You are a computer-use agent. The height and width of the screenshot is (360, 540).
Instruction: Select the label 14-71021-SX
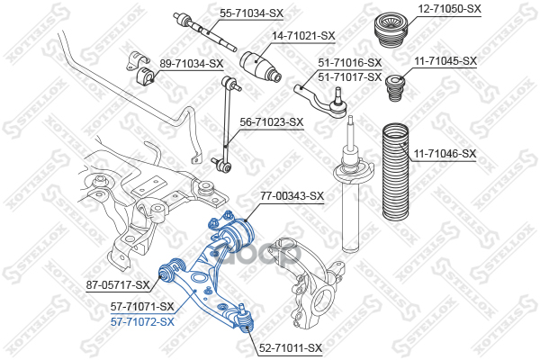(x=303, y=35)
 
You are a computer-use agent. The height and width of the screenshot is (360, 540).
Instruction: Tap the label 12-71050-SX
(x=449, y=8)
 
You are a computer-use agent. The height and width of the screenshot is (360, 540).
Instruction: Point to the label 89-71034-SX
(x=191, y=63)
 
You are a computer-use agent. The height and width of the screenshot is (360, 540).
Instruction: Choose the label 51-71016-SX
(x=350, y=63)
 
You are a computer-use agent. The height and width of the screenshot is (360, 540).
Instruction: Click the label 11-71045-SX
(x=445, y=60)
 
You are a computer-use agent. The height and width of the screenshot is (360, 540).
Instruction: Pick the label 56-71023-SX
(x=271, y=121)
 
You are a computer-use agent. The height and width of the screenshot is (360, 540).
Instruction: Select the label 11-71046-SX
(x=445, y=154)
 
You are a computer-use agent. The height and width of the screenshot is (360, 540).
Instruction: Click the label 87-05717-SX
(x=118, y=285)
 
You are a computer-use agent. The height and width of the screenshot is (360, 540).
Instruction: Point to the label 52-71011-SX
(x=290, y=346)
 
